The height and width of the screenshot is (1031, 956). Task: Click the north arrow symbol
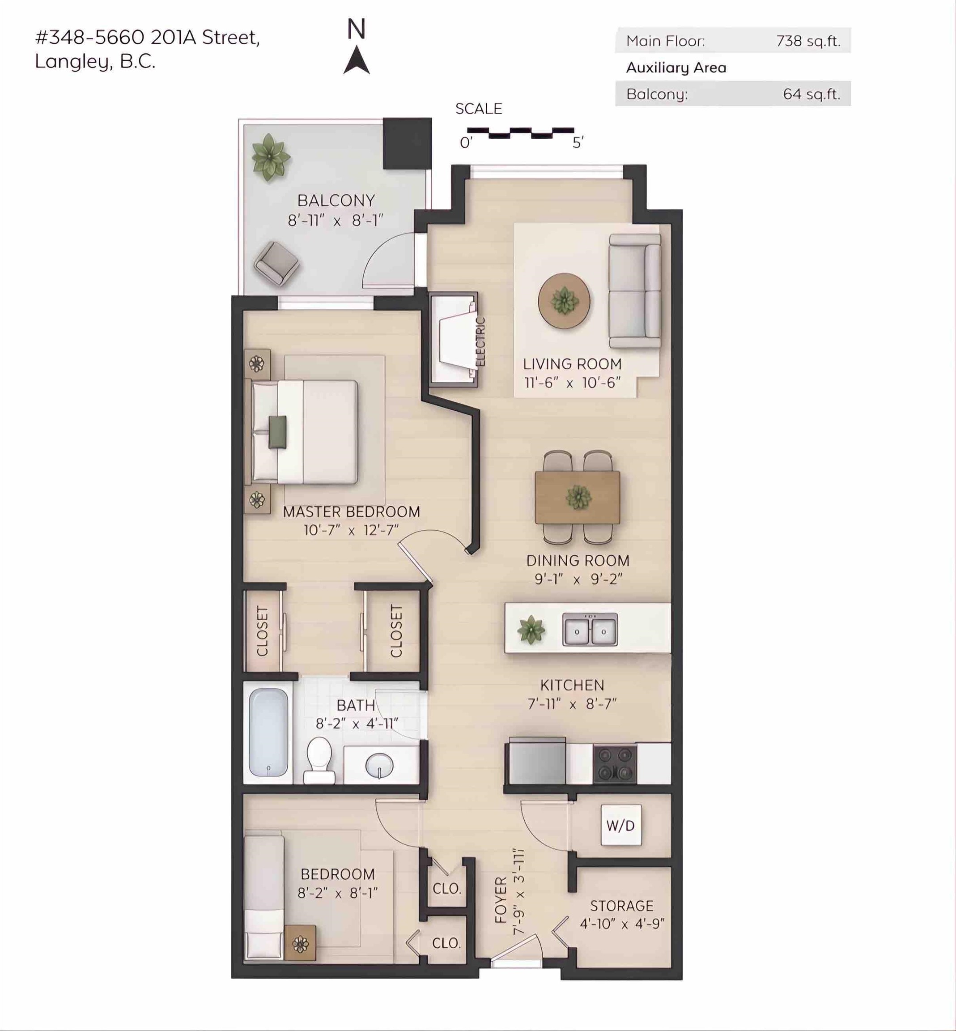pyautogui.click(x=357, y=61)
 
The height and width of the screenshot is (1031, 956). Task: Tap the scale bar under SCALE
pyautogui.click(x=520, y=133)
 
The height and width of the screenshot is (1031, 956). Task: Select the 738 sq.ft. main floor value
pyautogui.click(x=808, y=41)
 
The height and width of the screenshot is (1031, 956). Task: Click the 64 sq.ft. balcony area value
pyautogui.click(x=811, y=94)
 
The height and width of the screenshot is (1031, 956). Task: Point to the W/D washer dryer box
pyautogui.click(x=621, y=825)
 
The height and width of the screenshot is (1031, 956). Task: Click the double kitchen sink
pyautogui.click(x=590, y=629)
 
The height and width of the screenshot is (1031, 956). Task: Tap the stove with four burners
pyautogui.click(x=615, y=763)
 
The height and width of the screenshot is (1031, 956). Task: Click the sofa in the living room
pyautogui.click(x=635, y=291)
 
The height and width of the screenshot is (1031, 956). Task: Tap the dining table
pyautogui.click(x=578, y=497)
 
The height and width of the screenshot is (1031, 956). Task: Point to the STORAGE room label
pyautogui.click(x=622, y=906)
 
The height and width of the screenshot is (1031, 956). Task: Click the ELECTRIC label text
pyautogui.click(x=480, y=341)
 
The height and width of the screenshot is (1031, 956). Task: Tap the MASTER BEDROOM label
pyautogui.click(x=351, y=512)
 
